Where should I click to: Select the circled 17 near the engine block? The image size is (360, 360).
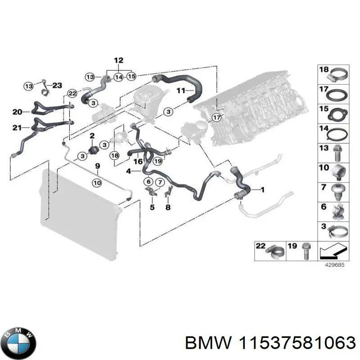pos(217,118)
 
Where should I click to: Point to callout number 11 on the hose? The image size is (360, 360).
pos(180,90)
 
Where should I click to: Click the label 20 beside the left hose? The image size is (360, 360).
pos(17,112)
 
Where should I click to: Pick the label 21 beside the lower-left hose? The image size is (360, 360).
pos(17,128)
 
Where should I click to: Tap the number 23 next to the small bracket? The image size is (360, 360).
pos(57,85)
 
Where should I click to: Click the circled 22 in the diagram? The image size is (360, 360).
pos(72,93)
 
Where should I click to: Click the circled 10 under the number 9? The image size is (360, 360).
pos(97,182)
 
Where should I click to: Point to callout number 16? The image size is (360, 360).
pos(138,161)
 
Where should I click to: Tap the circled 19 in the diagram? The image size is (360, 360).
pos(157,161)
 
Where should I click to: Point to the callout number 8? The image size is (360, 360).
pos(167,207)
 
